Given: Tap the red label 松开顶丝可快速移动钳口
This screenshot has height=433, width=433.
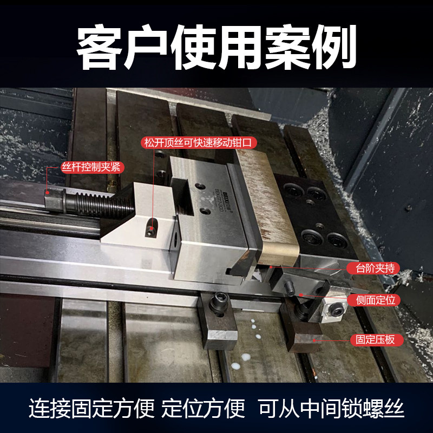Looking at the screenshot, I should (199, 143).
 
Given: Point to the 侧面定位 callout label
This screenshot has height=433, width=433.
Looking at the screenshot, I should (378, 300).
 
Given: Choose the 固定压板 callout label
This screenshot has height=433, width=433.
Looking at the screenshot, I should (378, 340).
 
